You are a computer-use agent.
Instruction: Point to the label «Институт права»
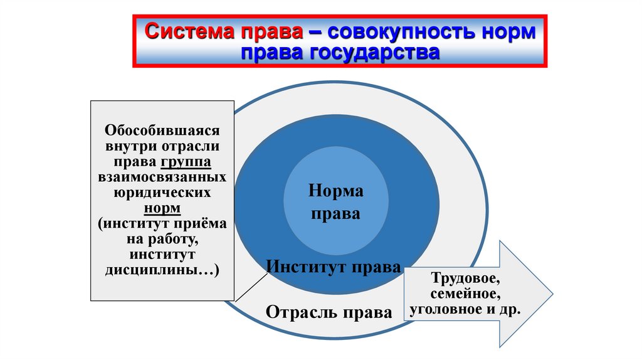pyautogui.click(x=333, y=267)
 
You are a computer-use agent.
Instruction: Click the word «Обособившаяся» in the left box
pyautogui.click(x=162, y=132)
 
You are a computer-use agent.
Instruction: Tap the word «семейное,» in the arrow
pyautogui.click(x=465, y=294)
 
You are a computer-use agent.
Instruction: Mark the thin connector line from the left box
pyautogui.click(x=249, y=288)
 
